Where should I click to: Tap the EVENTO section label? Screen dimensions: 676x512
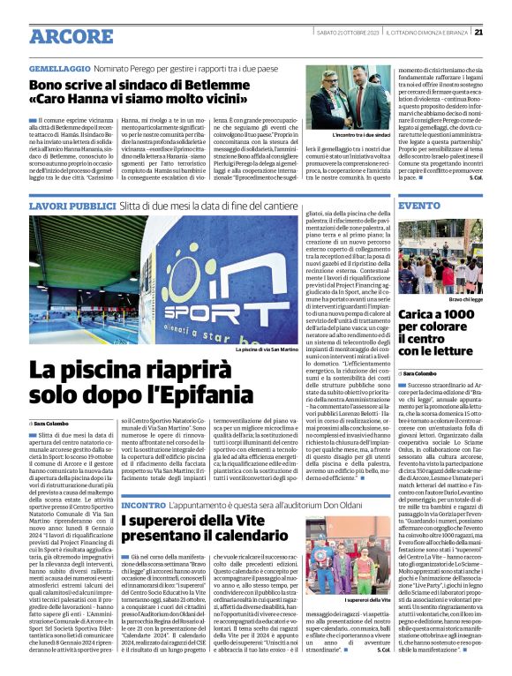419,205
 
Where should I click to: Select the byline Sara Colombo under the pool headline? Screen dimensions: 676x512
56,424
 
